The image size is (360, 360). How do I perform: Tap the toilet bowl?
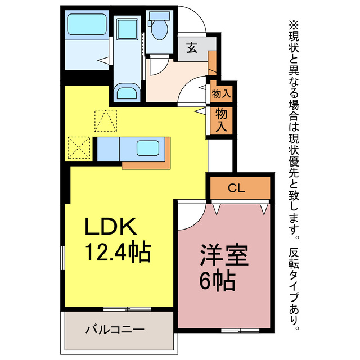(159, 28)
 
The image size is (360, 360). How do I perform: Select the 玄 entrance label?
(192, 48)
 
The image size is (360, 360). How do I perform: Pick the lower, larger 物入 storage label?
(220, 120)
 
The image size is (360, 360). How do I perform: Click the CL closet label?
(237, 188)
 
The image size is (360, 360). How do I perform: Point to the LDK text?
(111, 227)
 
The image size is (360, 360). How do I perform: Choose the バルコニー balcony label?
(115, 329)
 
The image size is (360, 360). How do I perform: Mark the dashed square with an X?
(79, 148)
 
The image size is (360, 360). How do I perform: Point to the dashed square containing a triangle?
(106, 120)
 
